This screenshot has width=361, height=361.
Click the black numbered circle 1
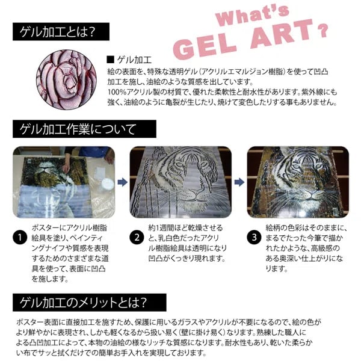pos(20,239)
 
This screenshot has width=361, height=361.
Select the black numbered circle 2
pos(137,239)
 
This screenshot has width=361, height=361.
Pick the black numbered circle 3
pos(255,239)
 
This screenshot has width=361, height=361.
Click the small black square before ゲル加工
pos(110,60)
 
